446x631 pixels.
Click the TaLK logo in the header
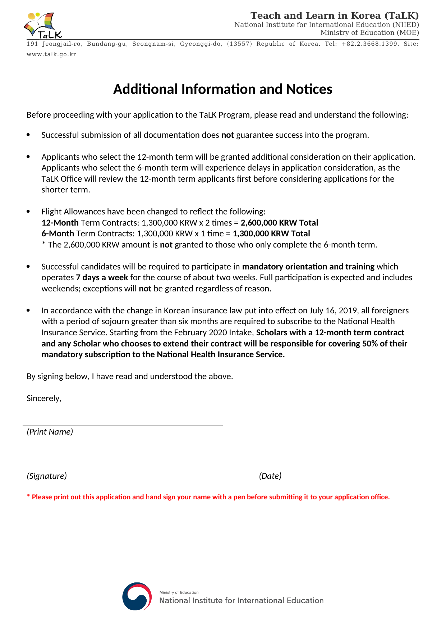pyautogui.click(x=43, y=25)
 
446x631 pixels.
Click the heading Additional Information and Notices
pyautogui.click(x=222, y=89)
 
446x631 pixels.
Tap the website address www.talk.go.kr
pyautogui.click(x=51, y=54)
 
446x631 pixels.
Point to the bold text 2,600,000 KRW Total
pyautogui.click(x=279, y=223)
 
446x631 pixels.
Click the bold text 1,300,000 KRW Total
pyautogui.click(x=271, y=233)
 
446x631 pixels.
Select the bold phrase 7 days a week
pyautogui.click(x=102, y=277)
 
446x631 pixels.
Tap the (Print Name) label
pyautogui.click(x=50, y=432)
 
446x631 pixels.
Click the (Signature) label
pyautogui.click(x=47, y=476)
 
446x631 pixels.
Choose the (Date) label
pyautogui.click(x=270, y=476)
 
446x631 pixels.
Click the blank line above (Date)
pyautogui.click(x=339, y=470)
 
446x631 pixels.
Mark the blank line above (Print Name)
pyautogui.click(x=123, y=426)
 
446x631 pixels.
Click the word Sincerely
pyautogui.click(x=44, y=398)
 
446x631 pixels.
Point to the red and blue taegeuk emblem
pyautogui.click(x=137, y=596)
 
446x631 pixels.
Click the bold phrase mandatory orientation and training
pyautogui.click(x=308, y=267)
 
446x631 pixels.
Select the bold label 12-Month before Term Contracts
pyautogui.click(x=60, y=223)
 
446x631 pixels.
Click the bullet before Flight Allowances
pyautogui.click(x=28, y=211)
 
